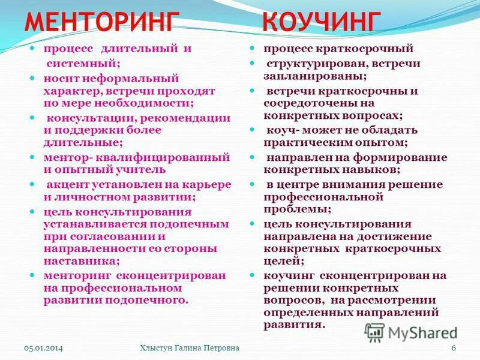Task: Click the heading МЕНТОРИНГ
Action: [102, 22]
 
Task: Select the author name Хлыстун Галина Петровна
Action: [189, 349]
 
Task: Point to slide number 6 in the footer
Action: [454, 349]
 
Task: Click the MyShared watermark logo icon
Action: [375, 332]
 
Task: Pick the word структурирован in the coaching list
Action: [310, 64]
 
